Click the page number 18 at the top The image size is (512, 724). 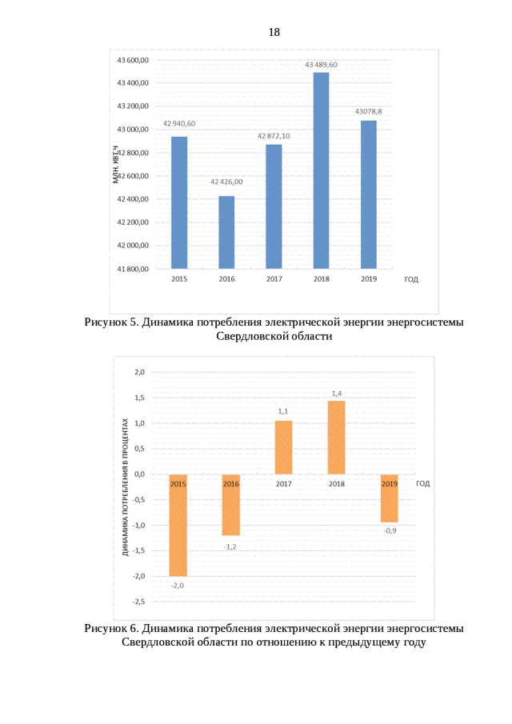(x=274, y=33)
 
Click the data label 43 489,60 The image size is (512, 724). (x=321, y=65)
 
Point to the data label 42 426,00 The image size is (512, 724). (x=226, y=182)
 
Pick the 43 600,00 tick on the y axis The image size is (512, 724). (x=133, y=60)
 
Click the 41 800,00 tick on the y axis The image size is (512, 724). (x=133, y=269)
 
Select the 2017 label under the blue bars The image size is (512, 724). (x=274, y=279)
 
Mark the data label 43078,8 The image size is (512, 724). (x=368, y=112)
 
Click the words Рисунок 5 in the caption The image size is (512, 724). (x=111, y=322)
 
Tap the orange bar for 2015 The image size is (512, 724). (x=178, y=525)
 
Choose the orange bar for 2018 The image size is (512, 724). (x=337, y=437)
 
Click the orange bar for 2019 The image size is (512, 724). (x=390, y=498)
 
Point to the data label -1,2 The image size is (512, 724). (x=230, y=546)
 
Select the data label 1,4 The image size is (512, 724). (x=337, y=393)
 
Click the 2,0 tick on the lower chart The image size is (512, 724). (x=139, y=372)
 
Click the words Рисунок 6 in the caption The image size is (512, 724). (x=111, y=628)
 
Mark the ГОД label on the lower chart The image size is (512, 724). (x=423, y=483)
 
